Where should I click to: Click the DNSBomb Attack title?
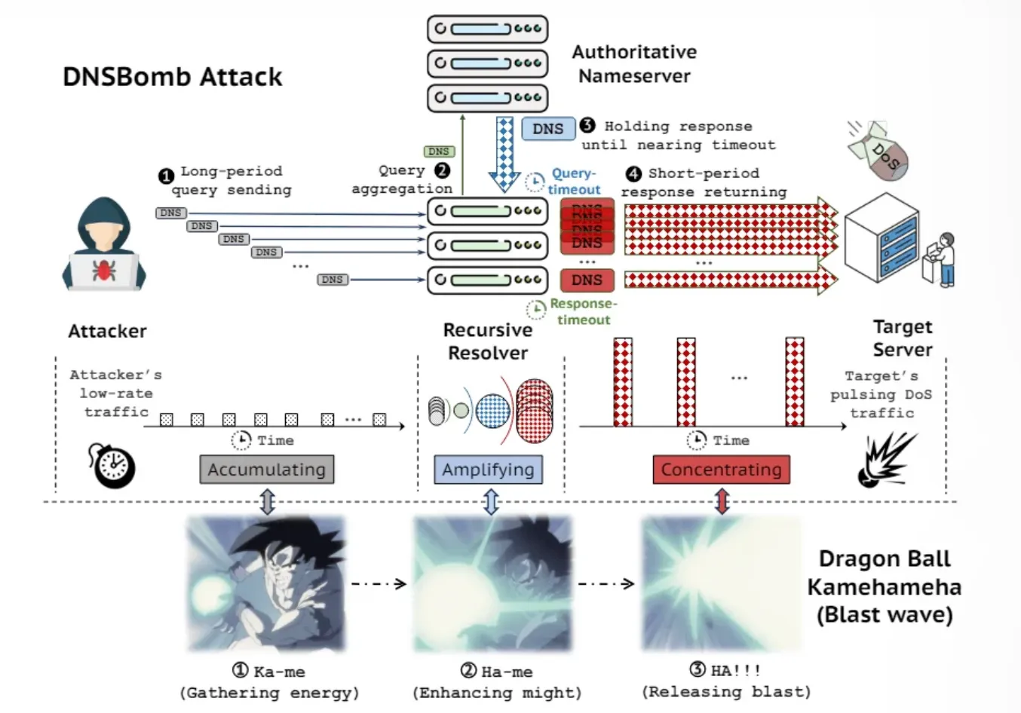172,77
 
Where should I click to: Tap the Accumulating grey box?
266,470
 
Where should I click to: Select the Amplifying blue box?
488,470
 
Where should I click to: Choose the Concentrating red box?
721,470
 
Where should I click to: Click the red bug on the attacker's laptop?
104,270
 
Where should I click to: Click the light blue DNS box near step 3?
547,129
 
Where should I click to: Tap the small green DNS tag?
438,151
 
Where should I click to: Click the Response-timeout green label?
577,311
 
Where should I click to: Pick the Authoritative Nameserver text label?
633,64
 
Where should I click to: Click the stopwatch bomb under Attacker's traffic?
112,466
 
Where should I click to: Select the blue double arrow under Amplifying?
491,502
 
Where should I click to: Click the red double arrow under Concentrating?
722,502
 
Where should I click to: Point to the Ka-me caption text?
269,672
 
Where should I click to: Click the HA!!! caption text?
725,670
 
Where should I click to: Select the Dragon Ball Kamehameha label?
884,586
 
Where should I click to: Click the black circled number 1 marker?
166,176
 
